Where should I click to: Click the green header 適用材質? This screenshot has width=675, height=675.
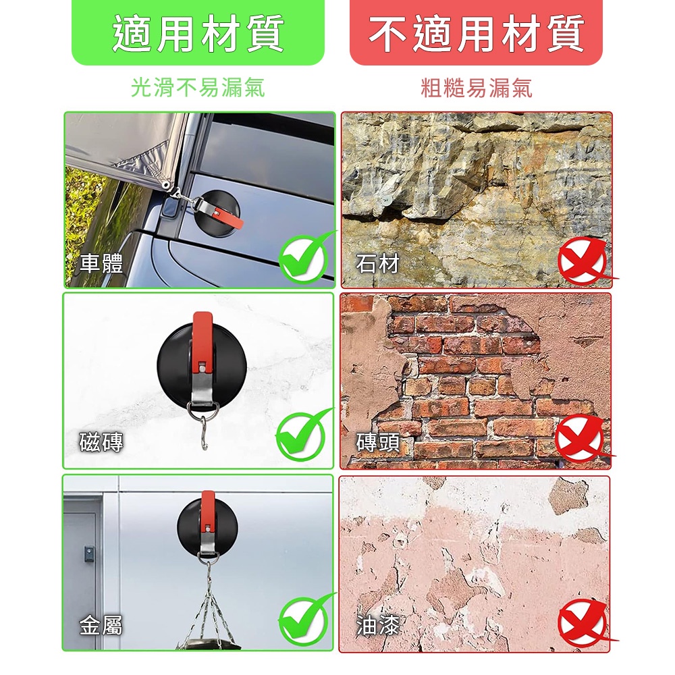(198, 33)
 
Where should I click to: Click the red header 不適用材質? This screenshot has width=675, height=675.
(476, 33)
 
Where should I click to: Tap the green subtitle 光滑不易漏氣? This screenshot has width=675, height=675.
(198, 88)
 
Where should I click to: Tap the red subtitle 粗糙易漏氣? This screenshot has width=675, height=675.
(476, 88)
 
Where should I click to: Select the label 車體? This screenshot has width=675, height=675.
(102, 263)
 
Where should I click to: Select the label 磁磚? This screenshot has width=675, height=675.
(102, 442)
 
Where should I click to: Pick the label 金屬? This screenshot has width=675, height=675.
(102, 626)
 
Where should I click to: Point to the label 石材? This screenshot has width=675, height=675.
(378, 263)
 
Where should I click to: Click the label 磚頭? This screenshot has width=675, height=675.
(378, 442)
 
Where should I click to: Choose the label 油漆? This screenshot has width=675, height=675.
(378, 626)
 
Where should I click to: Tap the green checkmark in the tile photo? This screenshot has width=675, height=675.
(301, 435)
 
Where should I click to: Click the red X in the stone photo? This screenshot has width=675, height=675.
(583, 261)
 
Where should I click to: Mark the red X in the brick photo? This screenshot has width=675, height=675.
(581, 438)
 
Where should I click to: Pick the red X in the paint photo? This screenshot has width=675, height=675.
(583, 623)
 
